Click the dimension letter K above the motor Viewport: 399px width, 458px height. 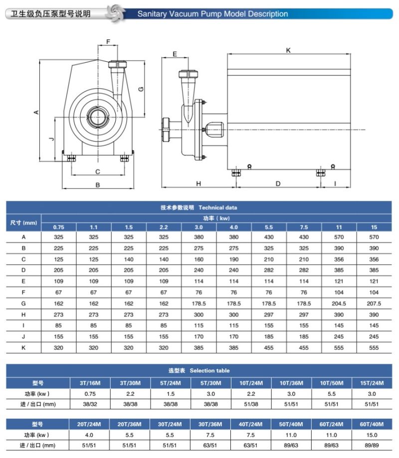[288, 50]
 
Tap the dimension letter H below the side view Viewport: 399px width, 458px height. [198, 183]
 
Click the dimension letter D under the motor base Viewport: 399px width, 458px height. [278, 183]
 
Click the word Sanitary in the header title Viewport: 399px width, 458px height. [152, 14]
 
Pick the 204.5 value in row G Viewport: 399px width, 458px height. [339, 303]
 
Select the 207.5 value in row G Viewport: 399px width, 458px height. [374, 303]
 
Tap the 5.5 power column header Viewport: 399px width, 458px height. [269, 227]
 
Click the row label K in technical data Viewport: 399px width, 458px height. [23, 347]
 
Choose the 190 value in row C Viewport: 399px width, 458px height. [233, 259]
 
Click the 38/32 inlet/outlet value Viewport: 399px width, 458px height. [88, 404]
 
